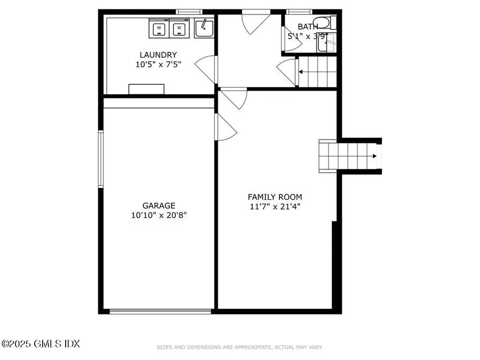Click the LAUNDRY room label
tap(158, 55)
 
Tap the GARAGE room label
tap(159, 205)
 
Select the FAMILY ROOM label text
tap(275, 197)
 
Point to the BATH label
tap(308, 27)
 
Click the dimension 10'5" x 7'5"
tap(158, 65)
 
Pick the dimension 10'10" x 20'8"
tap(159, 215)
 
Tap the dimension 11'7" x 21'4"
tap(275, 207)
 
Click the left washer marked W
tap(159, 28)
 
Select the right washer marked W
tap(179, 28)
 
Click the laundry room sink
tap(204, 28)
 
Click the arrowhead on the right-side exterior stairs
tap(374, 156)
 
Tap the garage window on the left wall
tap(100, 159)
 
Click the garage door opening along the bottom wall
tap(160, 310)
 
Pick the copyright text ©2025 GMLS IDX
tap(40, 344)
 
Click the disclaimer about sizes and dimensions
tap(240, 347)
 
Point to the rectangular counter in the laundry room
tap(147, 89)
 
